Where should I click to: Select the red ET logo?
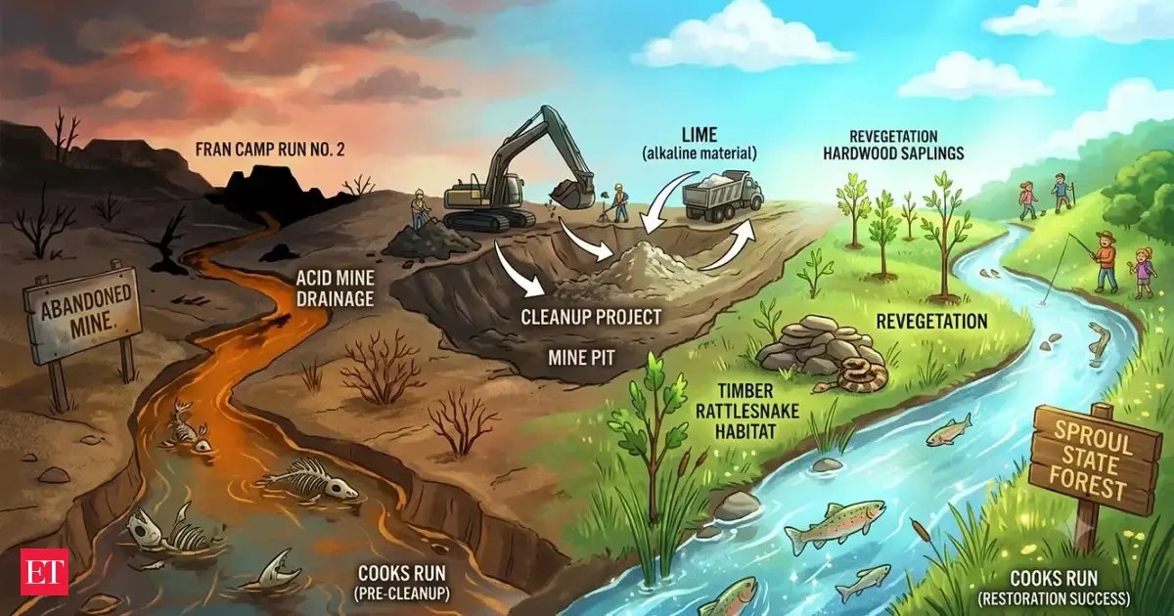click(x=45, y=572)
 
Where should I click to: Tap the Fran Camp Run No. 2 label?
click(x=270, y=150)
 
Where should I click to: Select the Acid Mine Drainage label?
click(x=335, y=287)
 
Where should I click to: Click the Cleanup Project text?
click(x=591, y=317)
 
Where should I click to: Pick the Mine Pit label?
click(x=581, y=358)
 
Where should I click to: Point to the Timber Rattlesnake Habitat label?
click(x=746, y=412)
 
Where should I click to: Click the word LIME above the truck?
click(x=700, y=135)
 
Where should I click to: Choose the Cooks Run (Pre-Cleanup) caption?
click(x=402, y=583)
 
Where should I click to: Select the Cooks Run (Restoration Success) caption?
click(x=1054, y=588)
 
